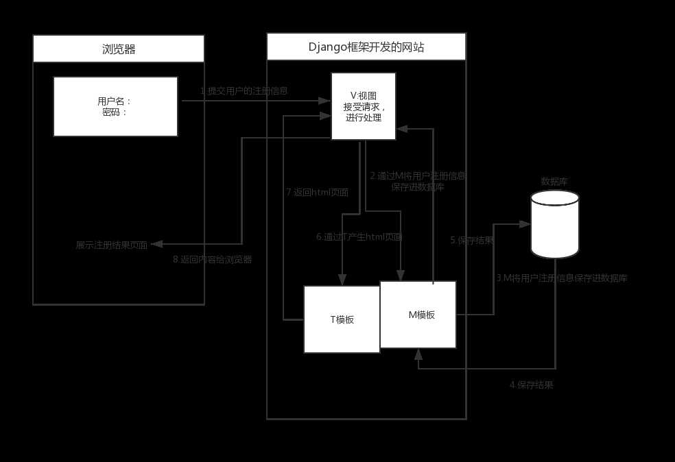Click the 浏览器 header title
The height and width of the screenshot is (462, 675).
point(119,49)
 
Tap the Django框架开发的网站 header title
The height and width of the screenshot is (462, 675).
point(366,47)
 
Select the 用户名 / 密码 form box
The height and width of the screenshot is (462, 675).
point(115,106)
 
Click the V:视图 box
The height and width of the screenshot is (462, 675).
point(363,106)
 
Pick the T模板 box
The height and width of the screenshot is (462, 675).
point(342,319)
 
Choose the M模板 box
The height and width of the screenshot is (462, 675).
point(418,315)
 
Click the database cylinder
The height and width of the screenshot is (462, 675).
point(555,224)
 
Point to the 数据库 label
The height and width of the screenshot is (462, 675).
point(555,182)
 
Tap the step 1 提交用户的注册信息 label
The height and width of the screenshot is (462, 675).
point(244,90)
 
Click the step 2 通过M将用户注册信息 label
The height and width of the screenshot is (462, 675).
point(418,175)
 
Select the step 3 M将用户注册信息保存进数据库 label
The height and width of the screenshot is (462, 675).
point(562,278)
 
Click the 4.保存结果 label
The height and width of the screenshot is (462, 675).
point(531,385)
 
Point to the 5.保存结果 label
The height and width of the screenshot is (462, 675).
point(472,241)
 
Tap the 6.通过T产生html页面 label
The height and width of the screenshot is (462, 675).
point(359,237)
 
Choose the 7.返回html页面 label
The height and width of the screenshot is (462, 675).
point(317,193)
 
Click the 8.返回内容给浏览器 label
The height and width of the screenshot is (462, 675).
point(212,260)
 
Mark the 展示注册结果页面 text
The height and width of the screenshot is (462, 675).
point(111,245)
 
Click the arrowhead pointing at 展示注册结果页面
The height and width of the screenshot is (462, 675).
point(156,244)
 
